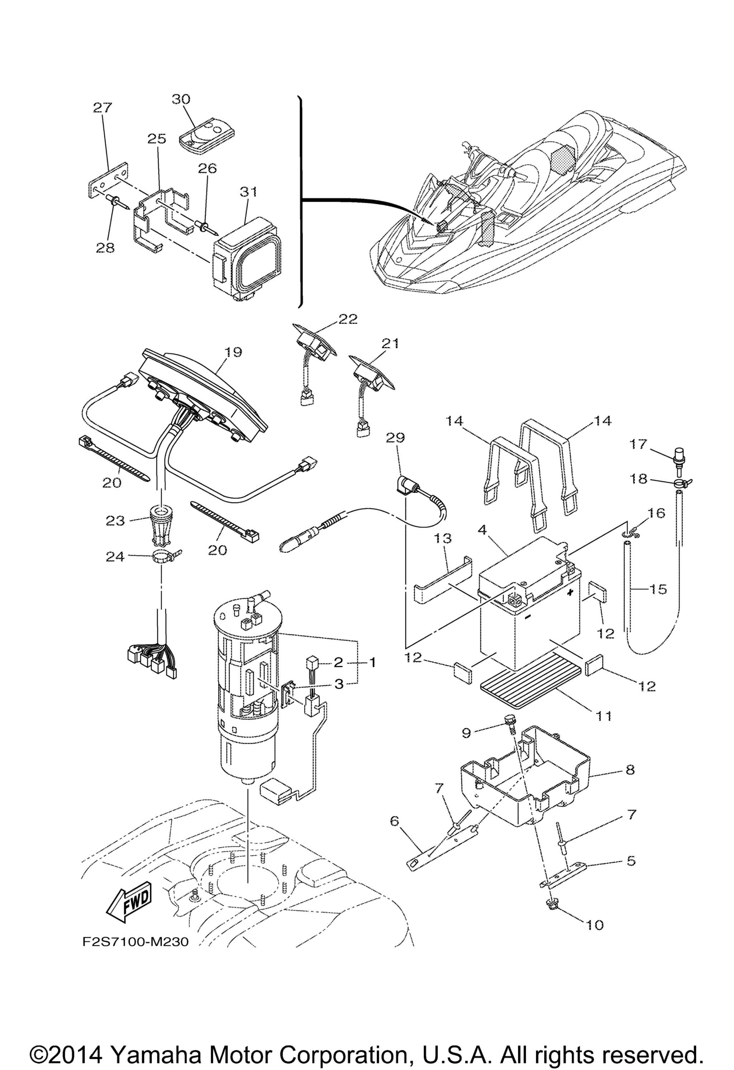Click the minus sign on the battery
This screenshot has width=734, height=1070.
[x=528, y=616]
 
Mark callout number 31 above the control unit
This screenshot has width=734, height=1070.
[x=248, y=191]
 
